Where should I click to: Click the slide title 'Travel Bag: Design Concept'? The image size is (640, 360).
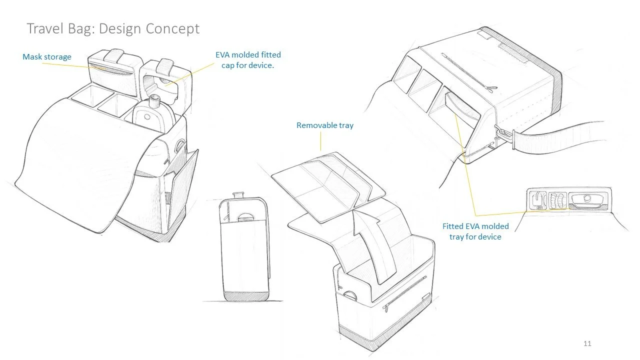[113, 28]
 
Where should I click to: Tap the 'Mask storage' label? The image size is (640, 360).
[47, 57]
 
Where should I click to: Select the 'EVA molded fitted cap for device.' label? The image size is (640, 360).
[248, 60]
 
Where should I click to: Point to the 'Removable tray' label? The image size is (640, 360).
[324, 125]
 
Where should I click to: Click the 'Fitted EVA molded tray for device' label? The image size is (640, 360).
[475, 231]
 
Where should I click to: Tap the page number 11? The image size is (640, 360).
[587, 343]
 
